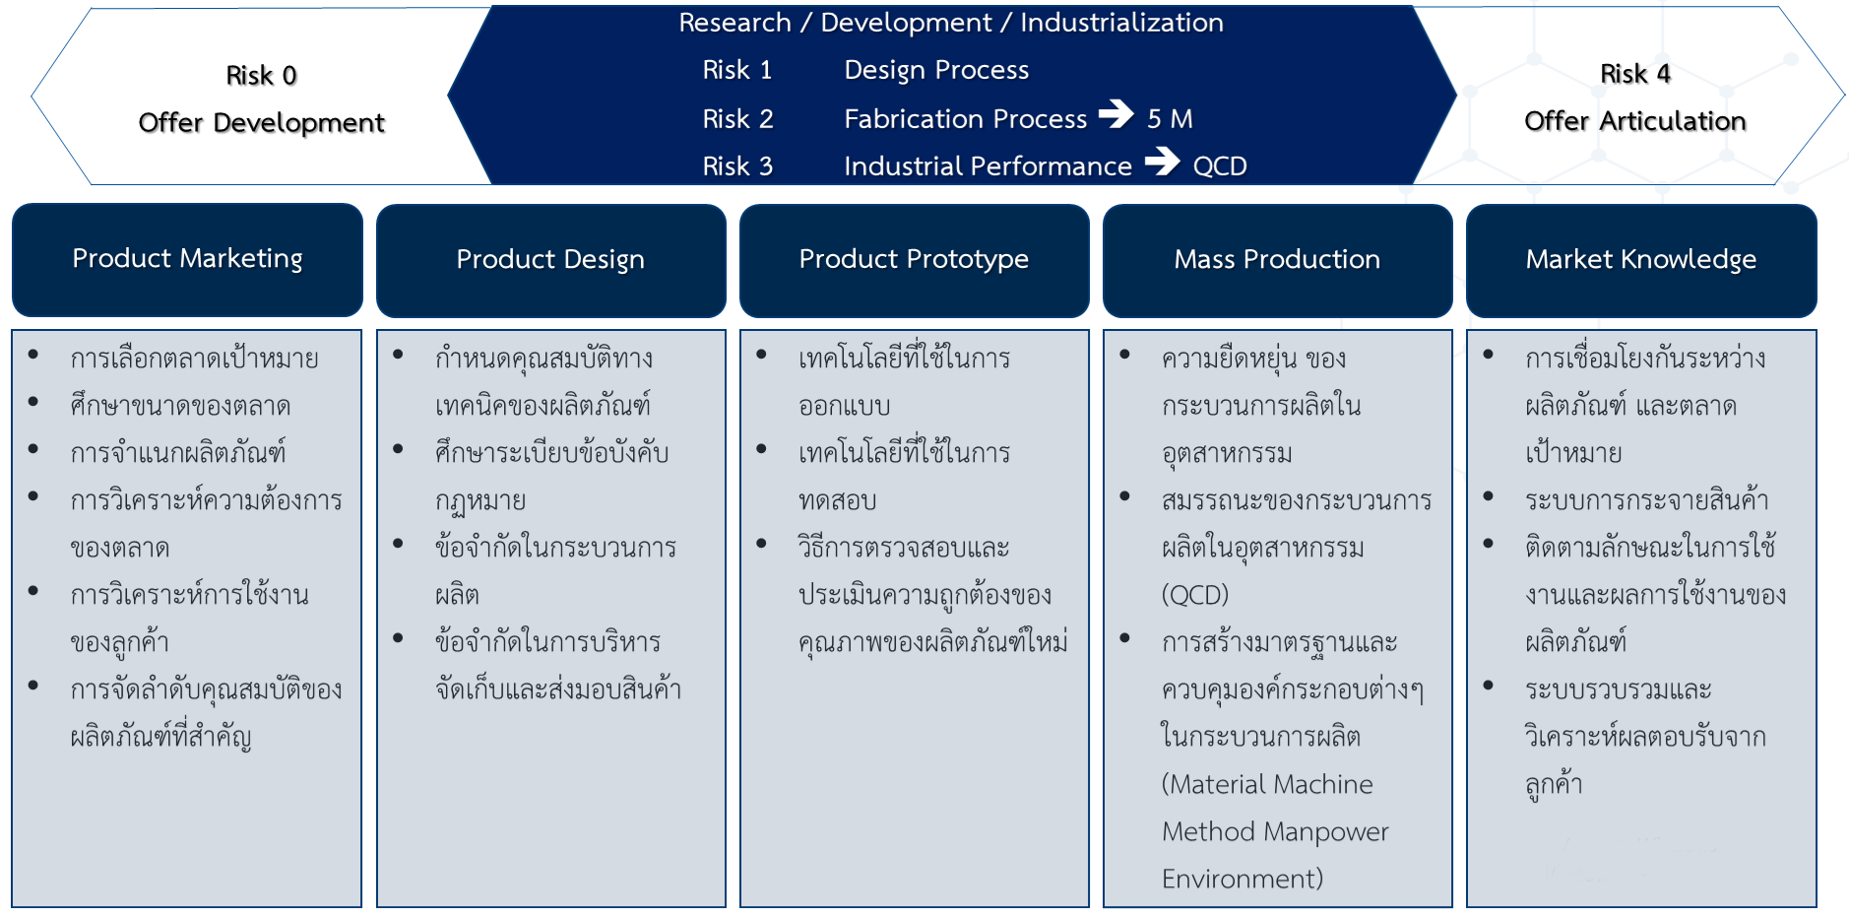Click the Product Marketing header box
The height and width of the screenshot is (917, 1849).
(x=187, y=260)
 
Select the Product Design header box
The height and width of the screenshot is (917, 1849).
(x=550, y=260)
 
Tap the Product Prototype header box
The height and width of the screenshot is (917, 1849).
(x=914, y=260)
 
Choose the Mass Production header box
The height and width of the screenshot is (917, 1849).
(x=1277, y=260)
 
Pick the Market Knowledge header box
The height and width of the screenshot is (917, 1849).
(x=1641, y=260)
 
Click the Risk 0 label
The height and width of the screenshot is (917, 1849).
(x=261, y=76)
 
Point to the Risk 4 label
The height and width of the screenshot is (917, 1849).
(x=1635, y=74)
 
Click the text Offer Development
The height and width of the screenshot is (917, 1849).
(x=261, y=123)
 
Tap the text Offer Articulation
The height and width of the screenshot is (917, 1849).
(x=1635, y=121)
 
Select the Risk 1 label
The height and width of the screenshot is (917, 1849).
(x=737, y=70)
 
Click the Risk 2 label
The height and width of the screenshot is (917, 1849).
(x=737, y=119)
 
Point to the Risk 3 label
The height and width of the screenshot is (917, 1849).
(x=737, y=166)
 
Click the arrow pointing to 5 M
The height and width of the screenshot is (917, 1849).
(x=1116, y=114)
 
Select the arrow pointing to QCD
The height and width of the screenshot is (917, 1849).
(x=1163, y=161)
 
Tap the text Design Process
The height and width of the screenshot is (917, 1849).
(x=936, y=70)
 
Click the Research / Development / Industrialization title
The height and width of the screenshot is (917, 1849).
(x=951, y=23)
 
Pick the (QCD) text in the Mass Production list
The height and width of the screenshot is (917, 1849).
(x=1195, y=595)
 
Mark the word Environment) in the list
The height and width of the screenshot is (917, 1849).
(x=1243, y=879)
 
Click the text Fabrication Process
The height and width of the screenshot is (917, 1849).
(x=966, y=119)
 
